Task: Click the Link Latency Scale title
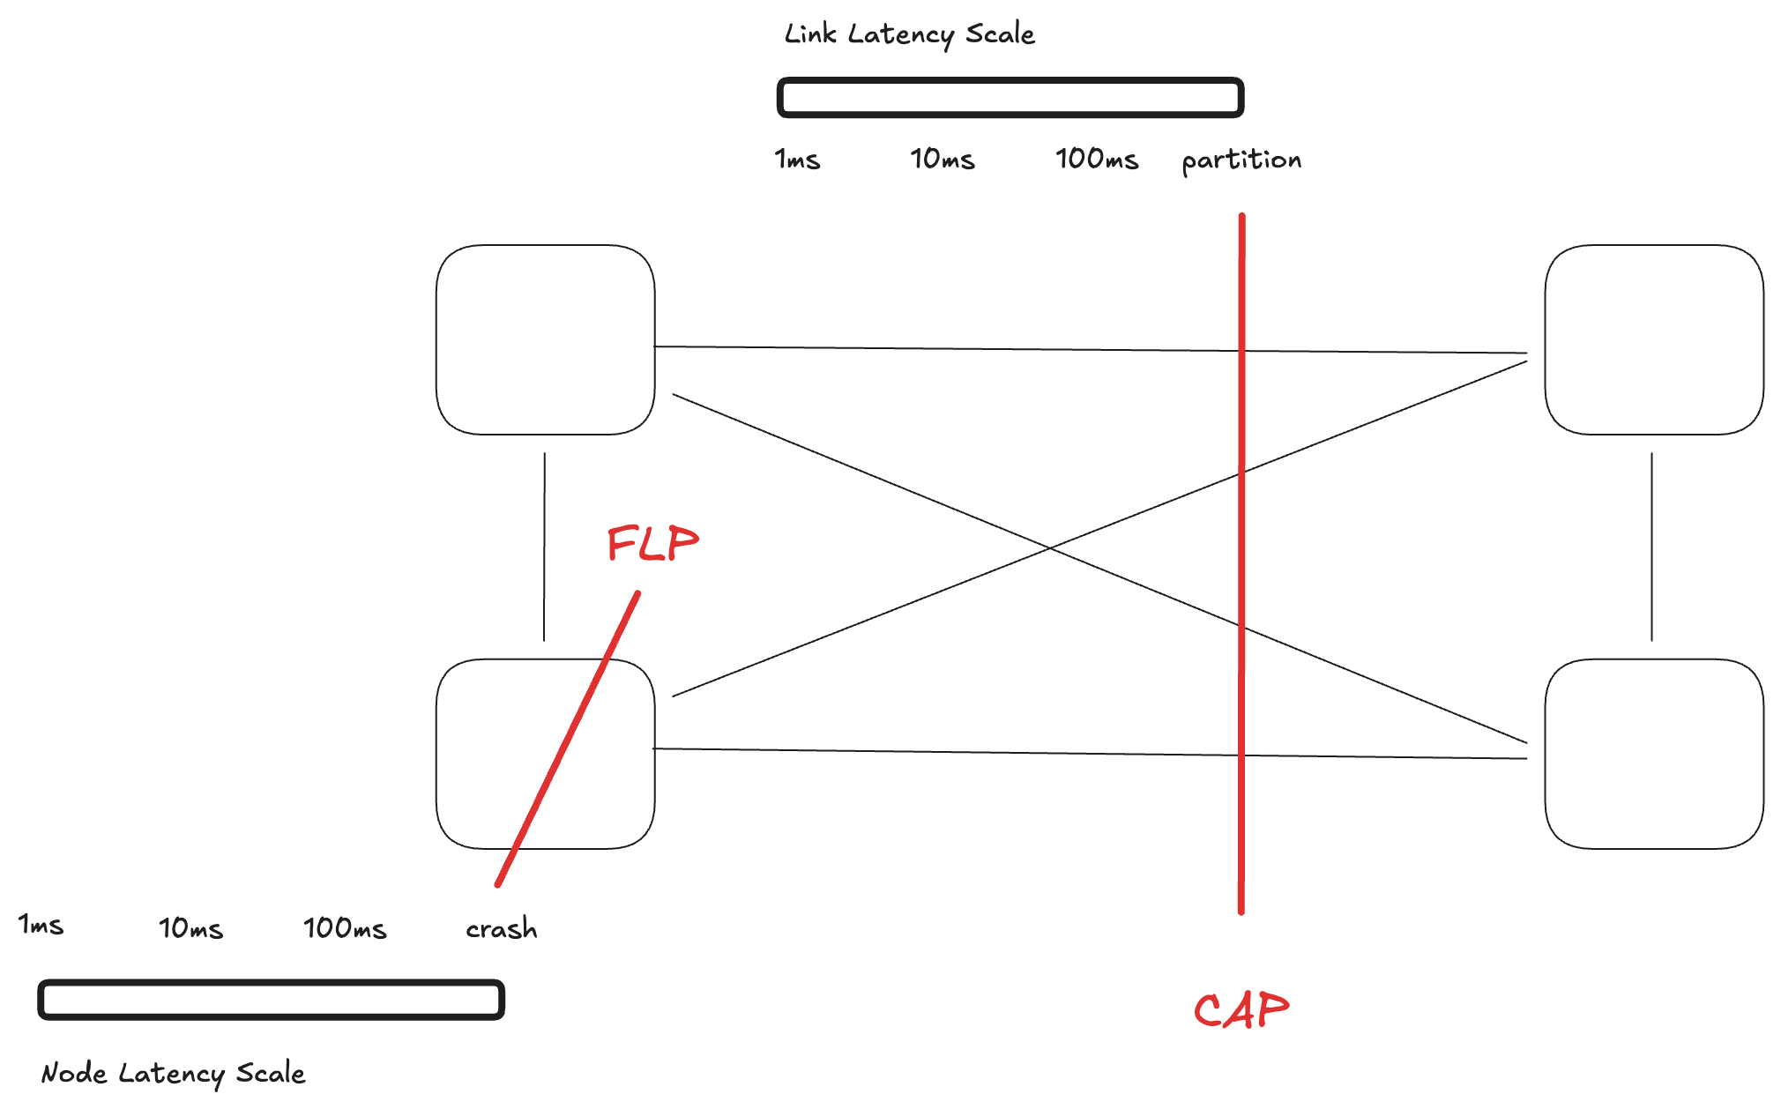pos(909,34)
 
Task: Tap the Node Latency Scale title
pos(173,1073)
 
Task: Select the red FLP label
pos(652,543)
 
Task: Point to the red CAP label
pos(1241,1010)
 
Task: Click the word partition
pos(1241,160)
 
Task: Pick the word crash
pos(501,928)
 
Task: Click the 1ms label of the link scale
pos(797,160)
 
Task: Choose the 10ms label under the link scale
pos(942,160)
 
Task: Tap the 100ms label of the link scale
pos(1097,160)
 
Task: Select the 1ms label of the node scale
pos(41,925)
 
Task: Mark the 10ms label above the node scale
pos(190,928)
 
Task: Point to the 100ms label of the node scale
pos(345,928)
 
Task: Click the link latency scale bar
pos(1010,98)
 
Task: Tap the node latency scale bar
pos(271,1000)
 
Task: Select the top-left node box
pos(545,339)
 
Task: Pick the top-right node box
pos(1654,339)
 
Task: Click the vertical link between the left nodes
pos(544,547)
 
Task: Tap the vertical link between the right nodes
pos(1651,547)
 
